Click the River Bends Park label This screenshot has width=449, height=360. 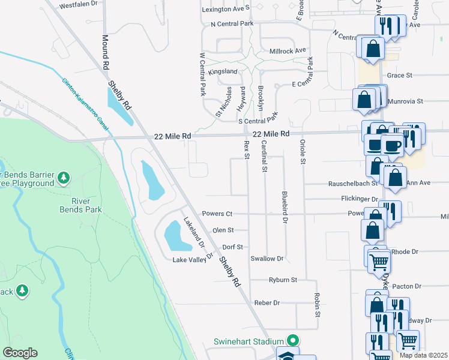[80, 205]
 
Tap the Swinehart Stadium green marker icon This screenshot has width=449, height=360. [292, 340]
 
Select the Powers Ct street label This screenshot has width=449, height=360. [217, 214]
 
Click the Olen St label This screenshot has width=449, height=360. [222, 230]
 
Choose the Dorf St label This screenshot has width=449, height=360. [232, 247]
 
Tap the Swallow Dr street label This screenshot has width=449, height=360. [267, 259]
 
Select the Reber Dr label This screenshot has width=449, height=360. [267, 303]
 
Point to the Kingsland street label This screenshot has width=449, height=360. [223, 72]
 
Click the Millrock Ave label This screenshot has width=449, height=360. [288, 51]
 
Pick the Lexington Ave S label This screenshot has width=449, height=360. [226, 10]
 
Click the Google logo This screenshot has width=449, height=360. [20, 353]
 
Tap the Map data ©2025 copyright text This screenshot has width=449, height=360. [423, 355]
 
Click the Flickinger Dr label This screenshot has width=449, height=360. [358, 199]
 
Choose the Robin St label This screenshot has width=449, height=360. [316, 305]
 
